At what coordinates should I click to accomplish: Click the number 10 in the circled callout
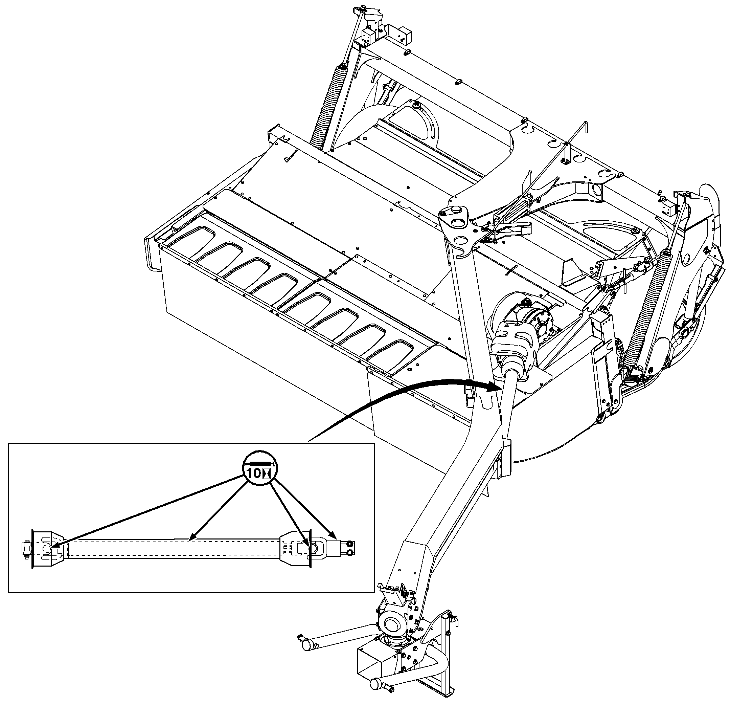coord(254,473)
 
